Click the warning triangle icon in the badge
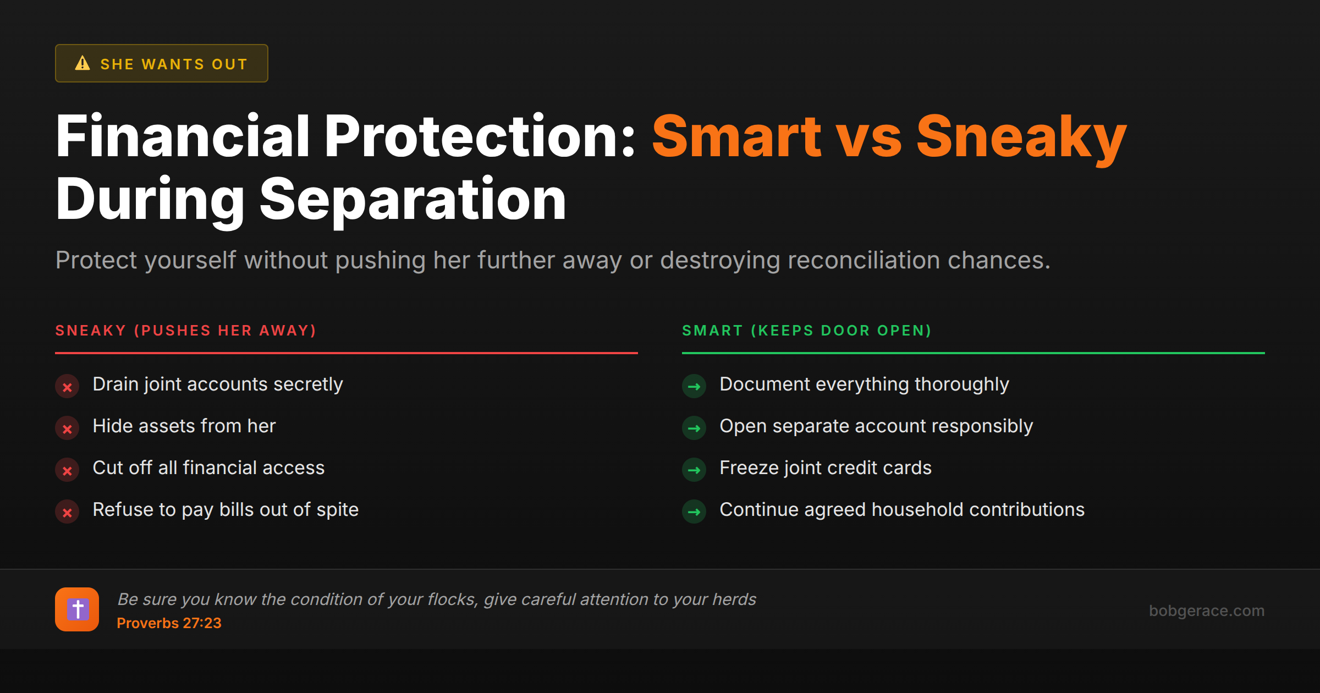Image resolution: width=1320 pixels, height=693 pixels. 82,63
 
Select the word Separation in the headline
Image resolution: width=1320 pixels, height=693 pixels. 413,200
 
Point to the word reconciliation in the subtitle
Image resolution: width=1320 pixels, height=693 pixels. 864,260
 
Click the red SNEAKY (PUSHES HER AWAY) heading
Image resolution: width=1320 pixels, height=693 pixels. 186,331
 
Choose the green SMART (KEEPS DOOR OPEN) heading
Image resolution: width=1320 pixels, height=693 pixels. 806,331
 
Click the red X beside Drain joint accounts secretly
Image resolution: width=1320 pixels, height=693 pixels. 67,387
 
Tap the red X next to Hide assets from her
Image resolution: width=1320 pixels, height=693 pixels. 67,428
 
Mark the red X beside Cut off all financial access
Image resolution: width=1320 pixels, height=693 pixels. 67,470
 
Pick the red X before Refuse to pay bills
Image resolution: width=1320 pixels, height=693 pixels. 67,512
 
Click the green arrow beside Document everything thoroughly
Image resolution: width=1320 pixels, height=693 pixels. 694,387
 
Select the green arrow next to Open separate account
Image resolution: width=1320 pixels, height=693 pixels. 694,428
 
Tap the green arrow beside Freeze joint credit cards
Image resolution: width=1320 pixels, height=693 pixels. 694,470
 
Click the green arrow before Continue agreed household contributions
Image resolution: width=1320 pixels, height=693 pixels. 694,512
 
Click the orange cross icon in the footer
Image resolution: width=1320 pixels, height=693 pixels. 77,609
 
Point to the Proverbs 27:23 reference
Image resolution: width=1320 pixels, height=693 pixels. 169,623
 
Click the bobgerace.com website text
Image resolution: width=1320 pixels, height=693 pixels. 1206,610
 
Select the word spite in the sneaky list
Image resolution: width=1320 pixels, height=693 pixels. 337,510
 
